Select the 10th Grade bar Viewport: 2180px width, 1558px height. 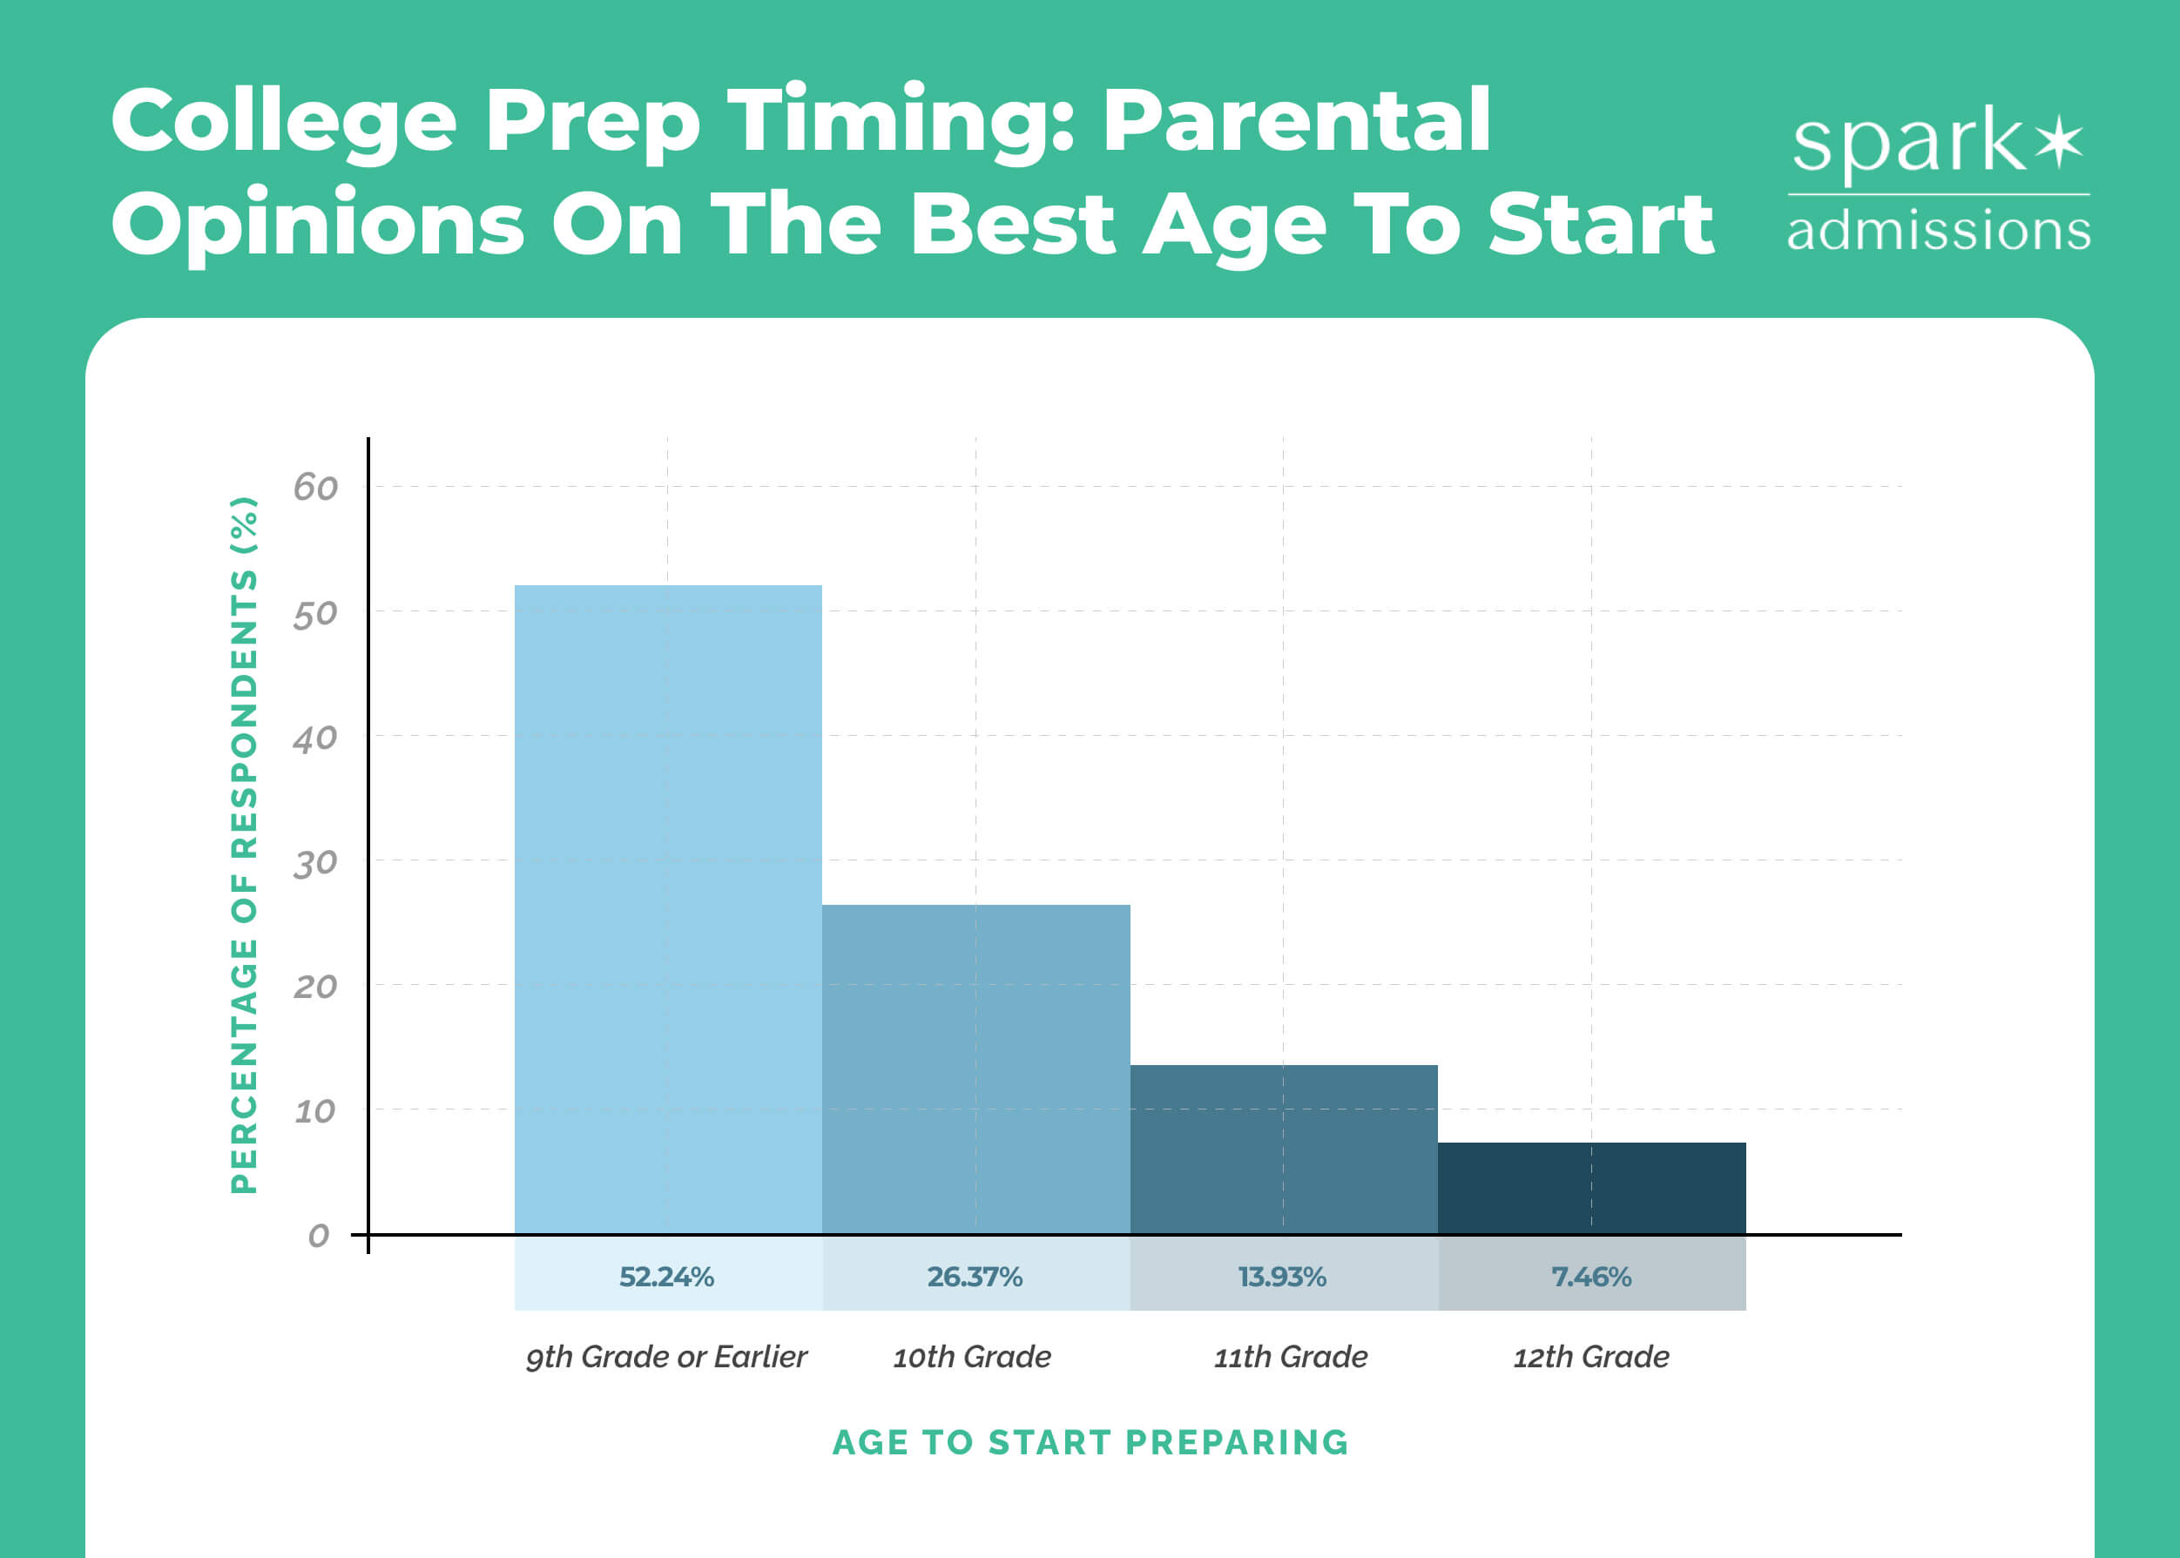[975, 1069]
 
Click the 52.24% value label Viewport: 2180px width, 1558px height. [667, 1277]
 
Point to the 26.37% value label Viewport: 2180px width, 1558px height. [975, 1277]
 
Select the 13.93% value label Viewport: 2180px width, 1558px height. [1283, 1277]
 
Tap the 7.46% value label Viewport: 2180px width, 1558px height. [1592, 1277]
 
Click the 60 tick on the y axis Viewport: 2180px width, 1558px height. [315, 489]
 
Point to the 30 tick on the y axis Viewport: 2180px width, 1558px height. [315, 863]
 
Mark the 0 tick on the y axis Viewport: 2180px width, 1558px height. [319, 1236]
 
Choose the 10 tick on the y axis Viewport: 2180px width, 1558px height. [314, 1112]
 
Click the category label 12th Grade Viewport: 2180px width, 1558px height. [1592, 1357]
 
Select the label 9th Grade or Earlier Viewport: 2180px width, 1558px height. [667, 1357]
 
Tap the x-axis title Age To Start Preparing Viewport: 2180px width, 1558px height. [1090, 1443]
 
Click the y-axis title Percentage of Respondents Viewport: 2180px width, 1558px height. [245, 844]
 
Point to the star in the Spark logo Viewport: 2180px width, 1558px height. [2059, 145]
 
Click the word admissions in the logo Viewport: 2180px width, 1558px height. [1938, 231]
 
